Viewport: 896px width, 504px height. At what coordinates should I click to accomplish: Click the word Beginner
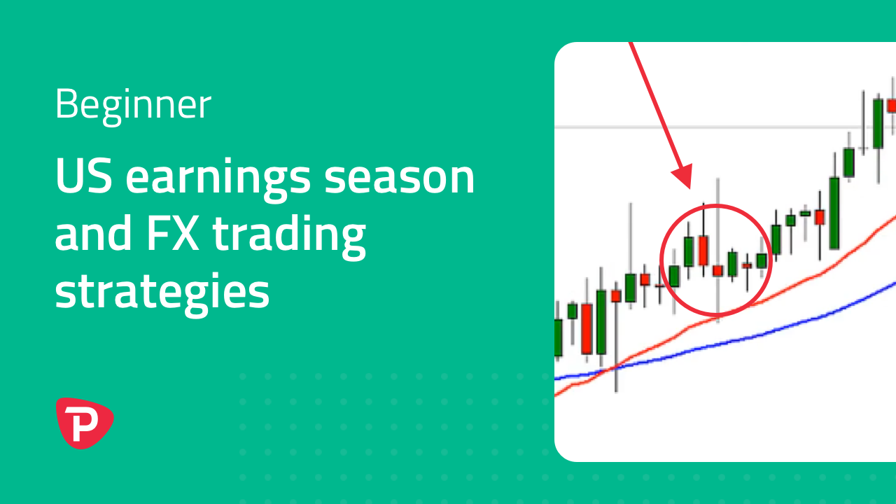pyautogui.click(x=133, y=105)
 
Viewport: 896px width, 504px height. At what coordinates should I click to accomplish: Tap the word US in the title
pyautogui.click(x=83, y=176)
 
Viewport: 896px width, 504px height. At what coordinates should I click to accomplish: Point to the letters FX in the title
pyautogui.click(x=173, y=232)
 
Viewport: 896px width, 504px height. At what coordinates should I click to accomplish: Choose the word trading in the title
pyautogui.click(x=289, y=236)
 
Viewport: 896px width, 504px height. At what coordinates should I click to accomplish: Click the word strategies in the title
pyautogui.click(x=162, y=293)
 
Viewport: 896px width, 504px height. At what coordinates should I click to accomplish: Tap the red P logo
pyautogui.click(x=85, y=423)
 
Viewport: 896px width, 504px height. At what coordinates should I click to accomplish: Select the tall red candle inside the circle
pyautogui.click(x=703, y=251)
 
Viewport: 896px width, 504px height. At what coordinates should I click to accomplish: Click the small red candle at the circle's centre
pyautogui.click(x=717, y=271)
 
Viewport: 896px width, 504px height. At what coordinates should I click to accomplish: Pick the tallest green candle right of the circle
pyautogui.click(x=834, y=213)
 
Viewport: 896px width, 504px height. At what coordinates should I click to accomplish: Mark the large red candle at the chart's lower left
pyautogui.click(x=587, y=329)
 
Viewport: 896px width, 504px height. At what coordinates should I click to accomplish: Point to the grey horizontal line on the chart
pyautogui.click(x=724, y=127)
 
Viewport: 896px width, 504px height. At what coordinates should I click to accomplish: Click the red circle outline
pyautogui.click(x=660, y=260)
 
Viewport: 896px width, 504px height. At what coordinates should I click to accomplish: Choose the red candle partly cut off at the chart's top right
pyautogui.click(x=892, y=106)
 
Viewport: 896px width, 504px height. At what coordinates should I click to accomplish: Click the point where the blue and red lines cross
pyautogui.click(x=612, y=368)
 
